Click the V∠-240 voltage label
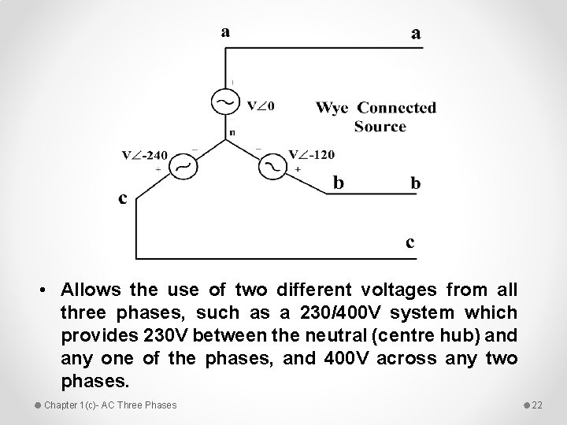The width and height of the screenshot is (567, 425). tap(145, 155)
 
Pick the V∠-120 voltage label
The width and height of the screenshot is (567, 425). tap(311, 155)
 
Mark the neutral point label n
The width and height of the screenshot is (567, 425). tap(232, 133)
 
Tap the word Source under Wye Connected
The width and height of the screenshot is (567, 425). tap(380, 127)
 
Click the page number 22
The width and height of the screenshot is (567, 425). tap(538, 405)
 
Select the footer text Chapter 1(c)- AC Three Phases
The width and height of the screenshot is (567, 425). tap(110, 405)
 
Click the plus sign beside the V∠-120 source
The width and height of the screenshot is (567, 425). tap(298, 170)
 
